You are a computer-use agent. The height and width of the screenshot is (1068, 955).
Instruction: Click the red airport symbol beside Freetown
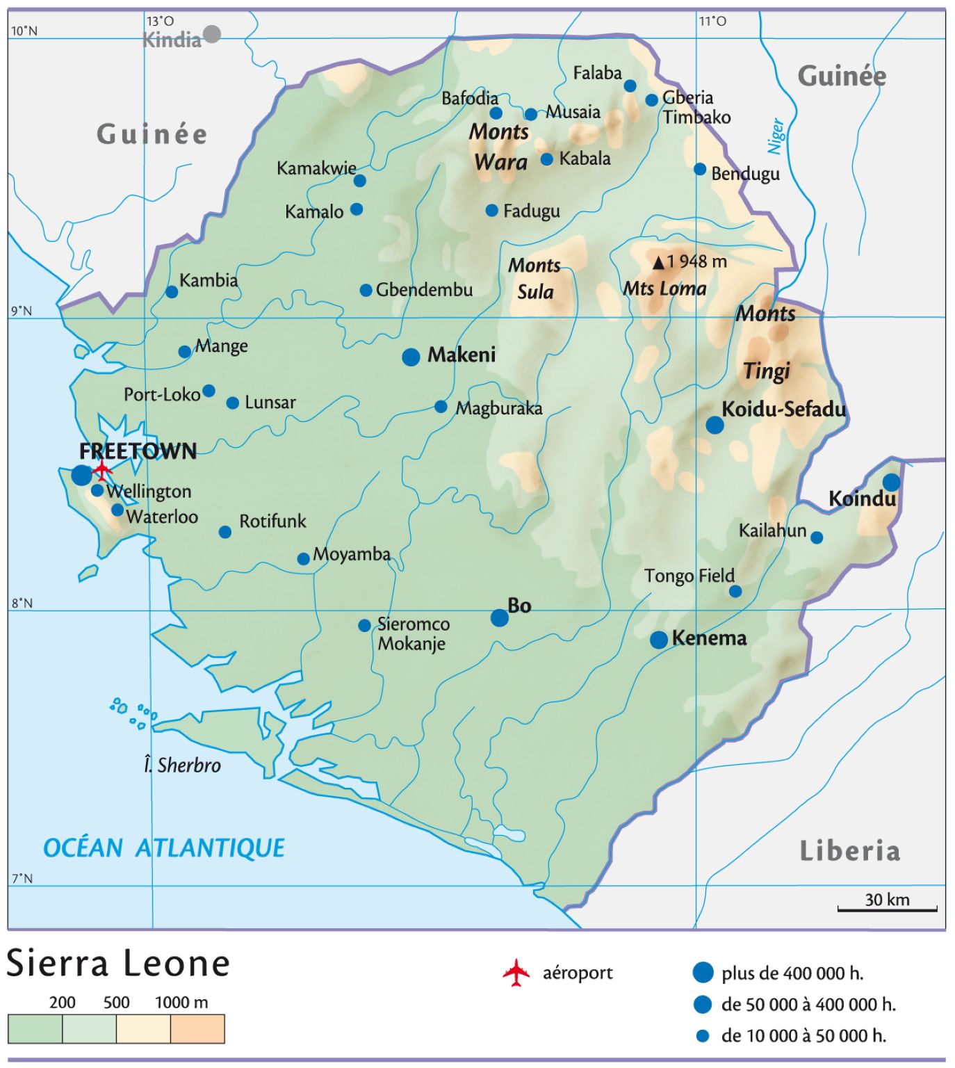(x=103, y=469)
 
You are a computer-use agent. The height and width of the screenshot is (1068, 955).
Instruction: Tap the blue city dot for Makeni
(x=411, y=357)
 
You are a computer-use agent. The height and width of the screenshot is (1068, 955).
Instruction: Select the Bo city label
(x=519, y=606)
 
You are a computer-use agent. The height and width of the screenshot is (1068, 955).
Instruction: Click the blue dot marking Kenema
(x=659, y=640)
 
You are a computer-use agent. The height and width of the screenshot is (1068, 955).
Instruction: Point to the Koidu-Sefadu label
(x=783, y=409)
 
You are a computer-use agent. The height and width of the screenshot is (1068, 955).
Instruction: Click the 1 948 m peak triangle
(x=658, y=263)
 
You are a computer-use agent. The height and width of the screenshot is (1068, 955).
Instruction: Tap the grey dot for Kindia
(x=212, y=33)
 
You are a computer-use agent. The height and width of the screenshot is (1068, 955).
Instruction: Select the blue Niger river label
(x=776, y=136)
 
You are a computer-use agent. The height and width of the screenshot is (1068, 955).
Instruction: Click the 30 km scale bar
(x=887, y=908)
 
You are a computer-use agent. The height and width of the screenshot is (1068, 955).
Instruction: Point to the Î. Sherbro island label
(x=182, y=766)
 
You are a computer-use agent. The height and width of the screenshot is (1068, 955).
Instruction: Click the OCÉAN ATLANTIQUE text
(x=164, y=848)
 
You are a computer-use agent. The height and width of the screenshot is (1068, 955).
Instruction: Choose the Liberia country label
(x=849, y=850)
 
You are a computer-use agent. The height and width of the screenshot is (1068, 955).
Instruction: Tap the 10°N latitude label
(x=24, y=31)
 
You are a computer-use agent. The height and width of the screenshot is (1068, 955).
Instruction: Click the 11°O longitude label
(x=712, y=21)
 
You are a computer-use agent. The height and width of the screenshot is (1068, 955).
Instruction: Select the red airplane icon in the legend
(x=516, y=973)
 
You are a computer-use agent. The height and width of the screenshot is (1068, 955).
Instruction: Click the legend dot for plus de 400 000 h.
(x=703, y=973)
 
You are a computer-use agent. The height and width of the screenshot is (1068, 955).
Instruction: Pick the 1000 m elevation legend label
(x=181, y=1002)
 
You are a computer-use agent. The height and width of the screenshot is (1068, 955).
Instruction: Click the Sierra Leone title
(x=118, y=964)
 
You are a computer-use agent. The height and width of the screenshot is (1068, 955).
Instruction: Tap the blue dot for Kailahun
(x=817, y=537)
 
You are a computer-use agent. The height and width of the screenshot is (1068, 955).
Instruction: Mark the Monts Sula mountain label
(x=534, y=278)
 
